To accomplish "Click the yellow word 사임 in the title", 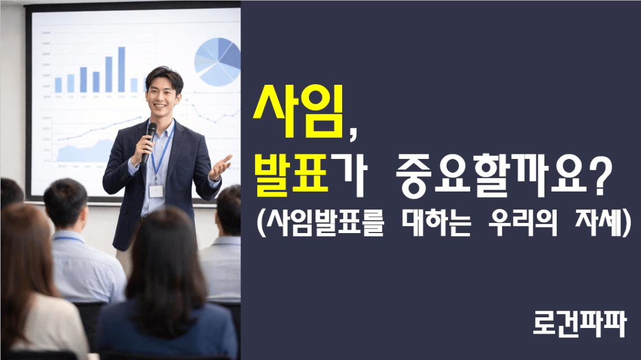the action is (298, 110).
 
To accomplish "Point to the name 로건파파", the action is (580, 324).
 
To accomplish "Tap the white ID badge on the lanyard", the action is (156, 191).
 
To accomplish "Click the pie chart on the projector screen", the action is (217, 61).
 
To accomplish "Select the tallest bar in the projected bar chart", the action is (121, 70).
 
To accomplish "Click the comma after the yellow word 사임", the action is (352, 133).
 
